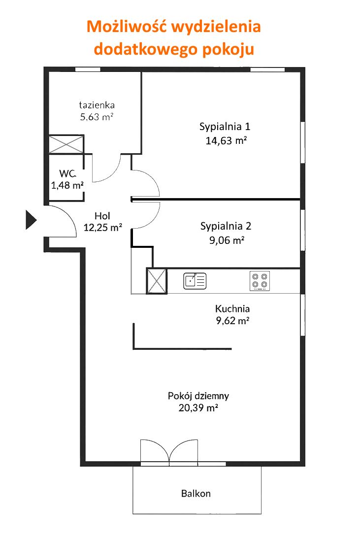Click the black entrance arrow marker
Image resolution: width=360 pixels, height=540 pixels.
click(31, 220)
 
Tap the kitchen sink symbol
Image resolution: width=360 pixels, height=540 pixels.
click(195, 281)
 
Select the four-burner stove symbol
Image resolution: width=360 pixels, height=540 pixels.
click(260, 281)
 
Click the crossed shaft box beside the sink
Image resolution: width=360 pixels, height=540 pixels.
click(157, 281)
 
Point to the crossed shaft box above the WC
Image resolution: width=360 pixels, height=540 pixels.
click(66, 144)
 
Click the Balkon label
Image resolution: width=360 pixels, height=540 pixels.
click(196, 494)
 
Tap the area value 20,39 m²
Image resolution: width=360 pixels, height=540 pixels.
click(198, 408)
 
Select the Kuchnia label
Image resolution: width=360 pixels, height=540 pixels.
click(232, 308)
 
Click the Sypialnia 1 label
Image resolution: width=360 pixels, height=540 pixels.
click(225, 127)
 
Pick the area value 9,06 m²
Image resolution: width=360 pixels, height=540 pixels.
click(227, 240)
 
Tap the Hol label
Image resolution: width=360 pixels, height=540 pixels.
click(102, 216)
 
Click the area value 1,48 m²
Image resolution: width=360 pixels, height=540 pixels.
click(67, 185)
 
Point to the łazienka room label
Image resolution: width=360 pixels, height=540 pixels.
click(97, 105)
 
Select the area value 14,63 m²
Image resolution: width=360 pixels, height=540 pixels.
click(226, 140)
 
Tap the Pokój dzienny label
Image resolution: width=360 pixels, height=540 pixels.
click(198, 396)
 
